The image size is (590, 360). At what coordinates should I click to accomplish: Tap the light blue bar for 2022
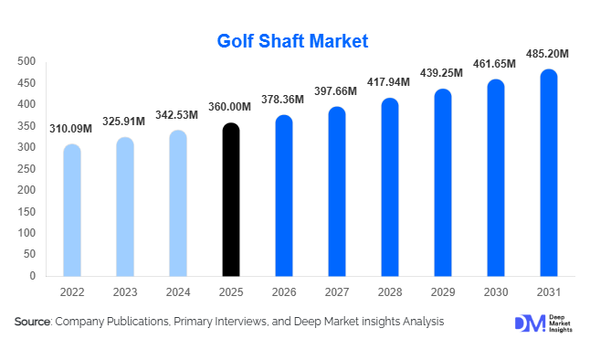coord(72,210)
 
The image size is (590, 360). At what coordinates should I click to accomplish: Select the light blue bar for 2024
coord(178,203)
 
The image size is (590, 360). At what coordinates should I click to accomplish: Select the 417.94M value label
coord(388,83)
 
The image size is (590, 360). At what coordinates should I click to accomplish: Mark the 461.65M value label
coord(494,65)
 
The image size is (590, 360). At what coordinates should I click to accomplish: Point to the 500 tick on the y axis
coord(26,62)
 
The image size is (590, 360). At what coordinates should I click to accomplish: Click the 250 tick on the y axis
coord(26,169)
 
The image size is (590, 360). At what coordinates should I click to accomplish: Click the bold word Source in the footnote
coord(33,323)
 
